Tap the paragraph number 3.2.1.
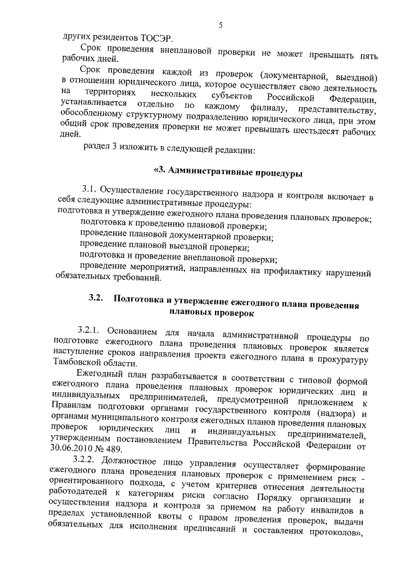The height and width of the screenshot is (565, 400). [91, 329]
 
